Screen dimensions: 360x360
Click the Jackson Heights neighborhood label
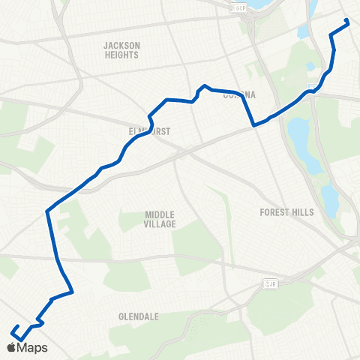point(121,50)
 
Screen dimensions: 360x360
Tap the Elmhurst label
point(150,130)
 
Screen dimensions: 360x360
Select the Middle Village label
point(160,219)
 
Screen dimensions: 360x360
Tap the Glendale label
point(138,316)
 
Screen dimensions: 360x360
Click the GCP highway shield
point(239,7)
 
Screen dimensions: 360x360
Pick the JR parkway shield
point(268,283)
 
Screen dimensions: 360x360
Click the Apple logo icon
point(11,347)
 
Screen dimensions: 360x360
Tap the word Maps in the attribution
point(34,347)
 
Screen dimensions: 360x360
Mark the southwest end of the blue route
point(13,326)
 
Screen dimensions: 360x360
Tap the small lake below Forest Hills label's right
point(328,199)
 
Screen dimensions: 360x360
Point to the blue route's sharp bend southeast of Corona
point(255,126)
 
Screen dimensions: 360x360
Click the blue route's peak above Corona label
point(204,85)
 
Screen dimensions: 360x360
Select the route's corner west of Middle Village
point(48,211)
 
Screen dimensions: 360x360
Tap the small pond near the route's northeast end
point(303,32)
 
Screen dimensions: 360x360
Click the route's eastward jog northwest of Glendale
point(71,291)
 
